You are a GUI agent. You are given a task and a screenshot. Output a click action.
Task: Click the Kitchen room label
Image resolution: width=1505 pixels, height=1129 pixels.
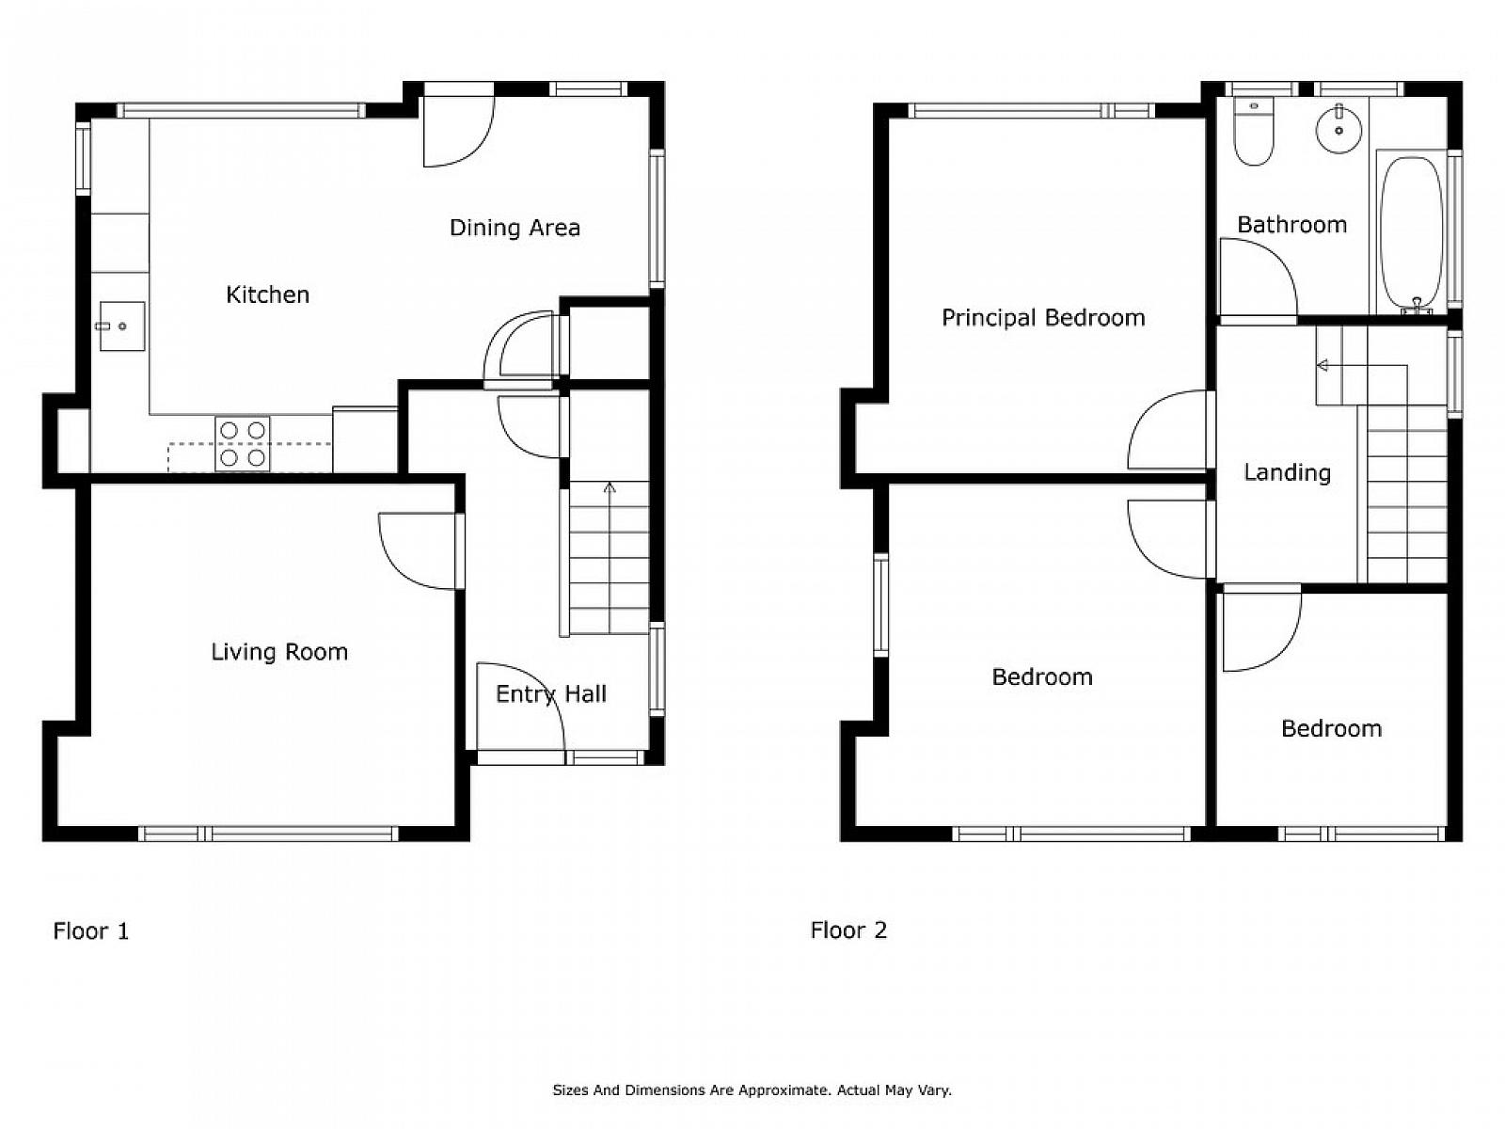coord(267,295)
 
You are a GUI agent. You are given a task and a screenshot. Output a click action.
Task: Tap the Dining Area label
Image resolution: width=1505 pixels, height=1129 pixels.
coord(515,228)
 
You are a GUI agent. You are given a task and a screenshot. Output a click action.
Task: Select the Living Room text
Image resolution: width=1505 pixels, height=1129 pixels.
coord(279,652)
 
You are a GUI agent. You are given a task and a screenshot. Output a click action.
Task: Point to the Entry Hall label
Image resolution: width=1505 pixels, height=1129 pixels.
coord(551,694)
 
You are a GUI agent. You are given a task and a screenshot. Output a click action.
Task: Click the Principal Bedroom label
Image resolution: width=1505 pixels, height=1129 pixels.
coord(1043,318)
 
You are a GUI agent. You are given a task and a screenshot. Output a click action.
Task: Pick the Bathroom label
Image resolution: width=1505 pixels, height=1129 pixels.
coord(1291,225)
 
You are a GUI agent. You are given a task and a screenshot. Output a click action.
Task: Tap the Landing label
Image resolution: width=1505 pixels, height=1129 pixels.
coord(1287,473)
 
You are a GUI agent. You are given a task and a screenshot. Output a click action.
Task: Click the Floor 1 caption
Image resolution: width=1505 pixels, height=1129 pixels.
coord(90,930)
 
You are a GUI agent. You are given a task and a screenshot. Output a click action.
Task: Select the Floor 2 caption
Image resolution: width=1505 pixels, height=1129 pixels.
coord(848,930)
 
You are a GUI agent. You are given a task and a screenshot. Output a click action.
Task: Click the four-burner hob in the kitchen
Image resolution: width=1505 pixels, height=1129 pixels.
coord(243,443)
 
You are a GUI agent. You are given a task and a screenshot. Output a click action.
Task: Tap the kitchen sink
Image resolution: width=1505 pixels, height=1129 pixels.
coord(122,326)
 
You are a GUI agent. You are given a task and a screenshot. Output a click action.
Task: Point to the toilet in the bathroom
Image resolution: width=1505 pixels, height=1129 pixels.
coord(1253,131)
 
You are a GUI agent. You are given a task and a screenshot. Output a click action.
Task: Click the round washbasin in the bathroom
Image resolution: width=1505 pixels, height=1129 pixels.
coord(1339,130)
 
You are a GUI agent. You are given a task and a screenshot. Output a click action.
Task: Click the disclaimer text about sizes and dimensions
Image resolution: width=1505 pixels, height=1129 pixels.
coord(752,1090)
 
